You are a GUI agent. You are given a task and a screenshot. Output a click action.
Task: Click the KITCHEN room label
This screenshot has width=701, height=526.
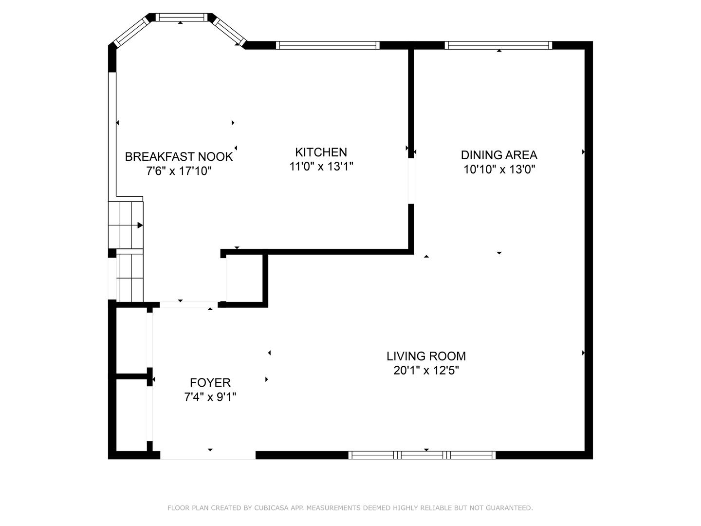coord(321,152)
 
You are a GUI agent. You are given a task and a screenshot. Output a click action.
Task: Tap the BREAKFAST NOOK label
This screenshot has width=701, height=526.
coord(179,157)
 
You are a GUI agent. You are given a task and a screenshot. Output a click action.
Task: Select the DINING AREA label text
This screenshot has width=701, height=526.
coord(499,155)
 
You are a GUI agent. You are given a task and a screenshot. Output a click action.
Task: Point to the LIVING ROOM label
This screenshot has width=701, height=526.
coord(426,356)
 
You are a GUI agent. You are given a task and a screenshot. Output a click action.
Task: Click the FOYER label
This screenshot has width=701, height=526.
coord(210,383)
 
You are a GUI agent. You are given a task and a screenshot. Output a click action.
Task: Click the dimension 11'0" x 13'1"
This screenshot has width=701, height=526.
coord(321,167)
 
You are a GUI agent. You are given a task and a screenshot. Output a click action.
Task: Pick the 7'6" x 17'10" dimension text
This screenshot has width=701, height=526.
coord(179,171)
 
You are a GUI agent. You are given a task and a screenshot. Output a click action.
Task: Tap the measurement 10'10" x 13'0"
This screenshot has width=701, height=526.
coord(499,169)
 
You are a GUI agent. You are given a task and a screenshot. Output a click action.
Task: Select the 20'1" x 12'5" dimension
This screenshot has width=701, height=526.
coord(426,371)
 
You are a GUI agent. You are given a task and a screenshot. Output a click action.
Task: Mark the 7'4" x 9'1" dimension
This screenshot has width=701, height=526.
coord(210,397)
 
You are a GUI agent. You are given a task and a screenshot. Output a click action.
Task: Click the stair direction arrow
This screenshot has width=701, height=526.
coord(140,225)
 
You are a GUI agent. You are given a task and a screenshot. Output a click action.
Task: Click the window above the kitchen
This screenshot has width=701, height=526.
coord(328,45)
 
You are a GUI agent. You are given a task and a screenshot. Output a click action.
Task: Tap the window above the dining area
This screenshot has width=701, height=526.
coord(498,45)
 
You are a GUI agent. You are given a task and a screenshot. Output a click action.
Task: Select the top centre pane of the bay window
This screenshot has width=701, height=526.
coord(181,17)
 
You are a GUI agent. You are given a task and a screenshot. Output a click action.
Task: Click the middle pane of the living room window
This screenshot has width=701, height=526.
coord(422,455)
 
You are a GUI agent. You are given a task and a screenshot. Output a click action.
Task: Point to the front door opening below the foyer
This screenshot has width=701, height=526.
coord(208,455)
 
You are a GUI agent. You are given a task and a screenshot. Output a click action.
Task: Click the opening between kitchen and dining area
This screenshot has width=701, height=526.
coord(411,181)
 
